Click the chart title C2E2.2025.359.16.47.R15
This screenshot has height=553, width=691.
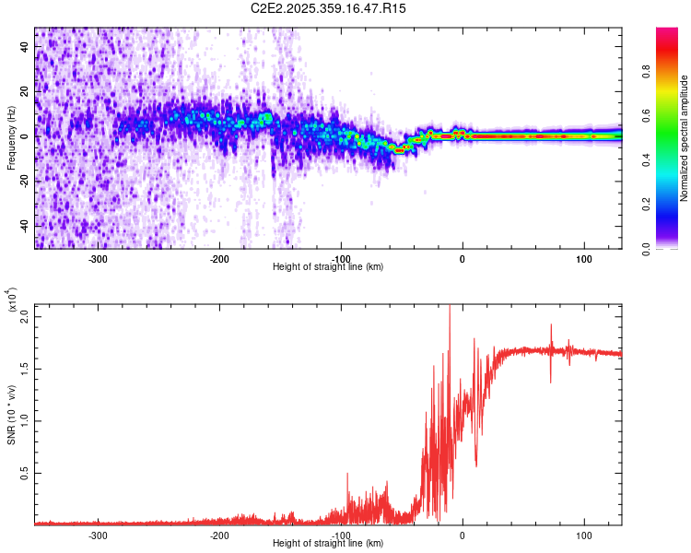point(329,8)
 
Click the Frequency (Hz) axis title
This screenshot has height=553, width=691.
point(11,138)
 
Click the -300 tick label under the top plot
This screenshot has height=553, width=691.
point(98,258)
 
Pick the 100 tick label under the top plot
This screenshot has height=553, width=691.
point(583,258)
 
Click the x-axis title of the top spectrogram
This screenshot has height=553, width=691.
point(328,267)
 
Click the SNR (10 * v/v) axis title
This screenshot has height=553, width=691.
point(11,415)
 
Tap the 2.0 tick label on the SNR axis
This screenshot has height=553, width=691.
point(24,316)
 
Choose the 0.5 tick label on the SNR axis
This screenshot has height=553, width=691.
point(24,473)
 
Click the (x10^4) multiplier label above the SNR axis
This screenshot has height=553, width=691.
point(13,300)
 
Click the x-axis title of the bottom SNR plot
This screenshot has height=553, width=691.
point(328,544)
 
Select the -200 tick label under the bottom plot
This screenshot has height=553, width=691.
point(219,535)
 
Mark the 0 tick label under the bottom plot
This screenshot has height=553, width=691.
point(463,535)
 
